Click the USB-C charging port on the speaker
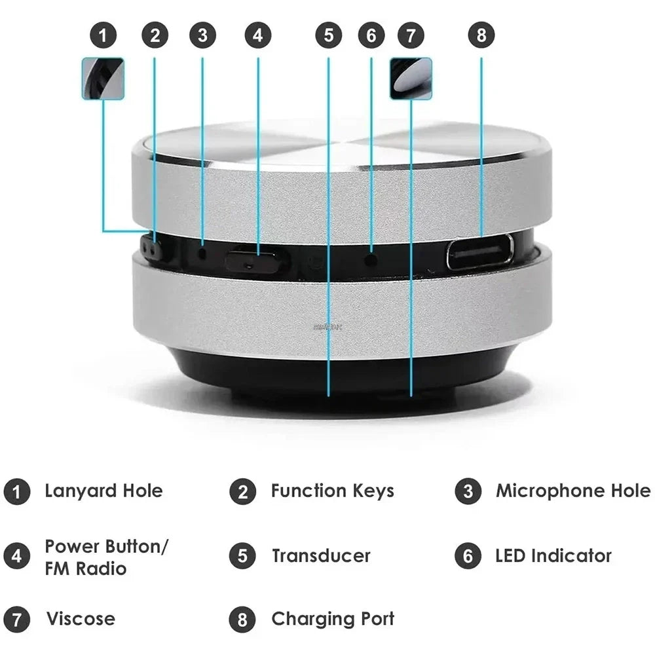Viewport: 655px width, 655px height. (x=480, y=252)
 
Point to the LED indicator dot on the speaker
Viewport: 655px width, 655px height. (x=371, y=259)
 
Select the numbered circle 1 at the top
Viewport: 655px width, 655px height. (x=103, y=35)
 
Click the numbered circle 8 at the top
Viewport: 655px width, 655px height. (x=481, y=35)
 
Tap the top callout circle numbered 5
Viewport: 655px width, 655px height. (x=328, y=35)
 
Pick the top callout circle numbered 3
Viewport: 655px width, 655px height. (x=202, y=35)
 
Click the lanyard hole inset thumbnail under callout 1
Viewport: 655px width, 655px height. (x=103, y=79)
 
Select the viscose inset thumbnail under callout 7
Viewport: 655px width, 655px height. (x=411, y=79)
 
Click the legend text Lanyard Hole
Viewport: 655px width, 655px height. (x=103, y=491)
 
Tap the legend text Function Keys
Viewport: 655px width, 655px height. (x=332, y=491)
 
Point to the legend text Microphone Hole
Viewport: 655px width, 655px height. (x=573, y=491)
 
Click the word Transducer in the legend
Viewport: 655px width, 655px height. (x=321, y=556)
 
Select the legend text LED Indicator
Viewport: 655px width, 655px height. (x=553, y=556)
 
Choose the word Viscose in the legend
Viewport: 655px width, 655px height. (x=80, y=619)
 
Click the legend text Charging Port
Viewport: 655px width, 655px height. (x=333, y=619)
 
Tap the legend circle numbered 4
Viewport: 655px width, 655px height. (x=16, y=556)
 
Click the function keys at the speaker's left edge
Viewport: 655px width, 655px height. (x=152, y=250)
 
